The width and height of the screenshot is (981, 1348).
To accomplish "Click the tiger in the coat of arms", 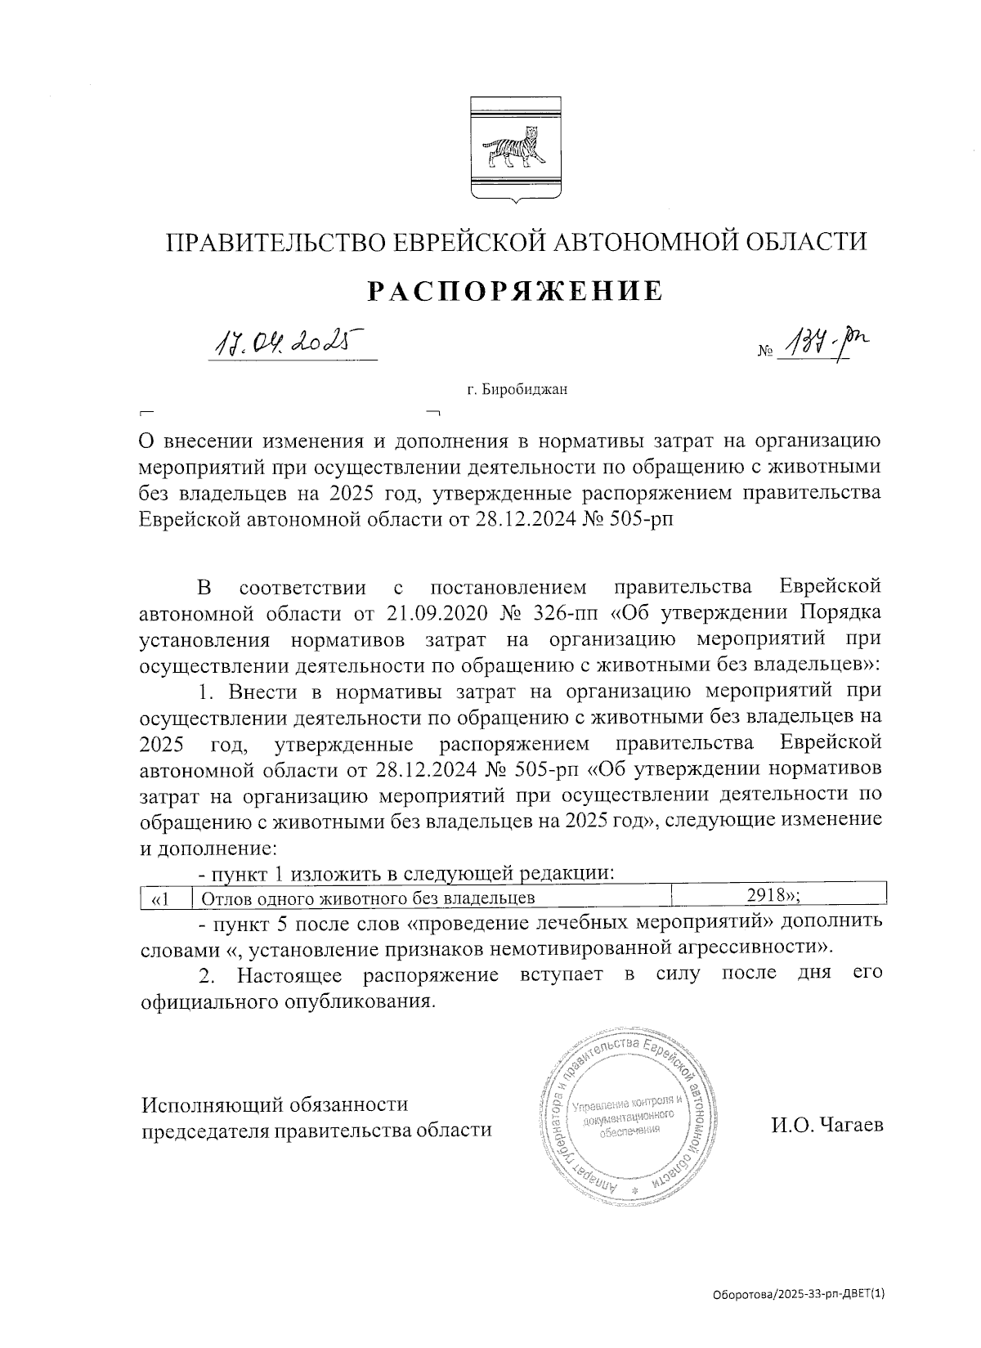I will pyautogui.click(x=513, y=148).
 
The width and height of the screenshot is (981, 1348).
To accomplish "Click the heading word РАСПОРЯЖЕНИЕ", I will pyautogui.click(x=514, y=292).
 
